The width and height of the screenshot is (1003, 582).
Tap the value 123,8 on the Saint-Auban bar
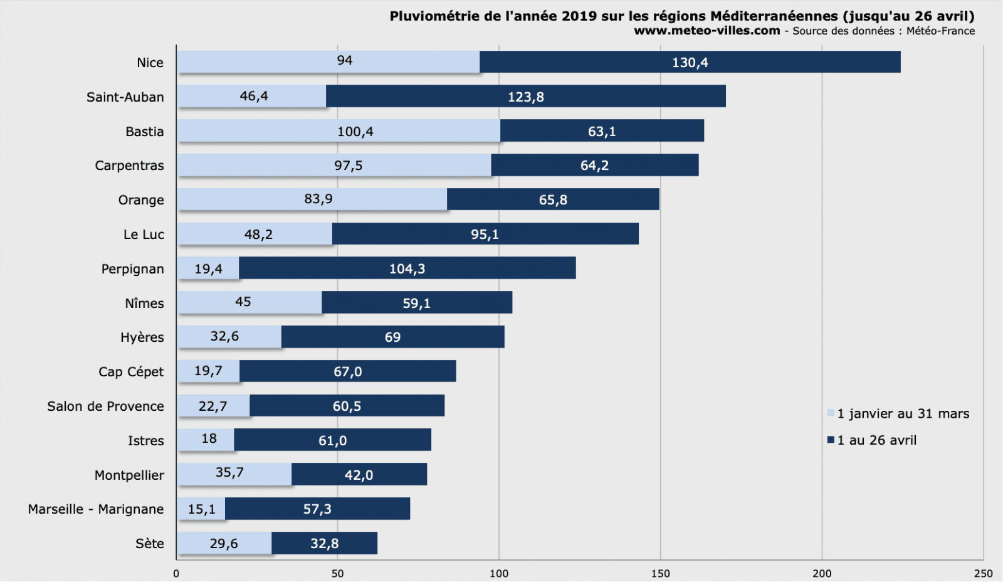(525, 97)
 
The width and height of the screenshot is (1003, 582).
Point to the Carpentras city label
(129, 166)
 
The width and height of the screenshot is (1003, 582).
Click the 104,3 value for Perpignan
(407, 269)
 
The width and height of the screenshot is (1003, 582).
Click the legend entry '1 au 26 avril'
(876, 440)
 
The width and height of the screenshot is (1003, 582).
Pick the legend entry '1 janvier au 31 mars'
(902, 414)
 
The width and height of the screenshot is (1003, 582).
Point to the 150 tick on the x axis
(660, 573)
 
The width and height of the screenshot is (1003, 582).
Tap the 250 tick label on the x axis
(983, 573)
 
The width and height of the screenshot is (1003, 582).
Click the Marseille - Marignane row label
(96, 509)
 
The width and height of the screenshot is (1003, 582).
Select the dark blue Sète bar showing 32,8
(324, 544)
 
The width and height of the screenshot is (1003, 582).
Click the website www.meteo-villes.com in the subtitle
(706, 31)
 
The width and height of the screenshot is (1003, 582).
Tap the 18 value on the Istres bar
(209, 439)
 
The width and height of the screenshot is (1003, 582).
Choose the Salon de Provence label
(105, 406)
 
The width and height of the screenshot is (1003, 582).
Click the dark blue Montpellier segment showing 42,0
(359, 475)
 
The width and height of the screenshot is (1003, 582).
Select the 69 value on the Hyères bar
(392, 337)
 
